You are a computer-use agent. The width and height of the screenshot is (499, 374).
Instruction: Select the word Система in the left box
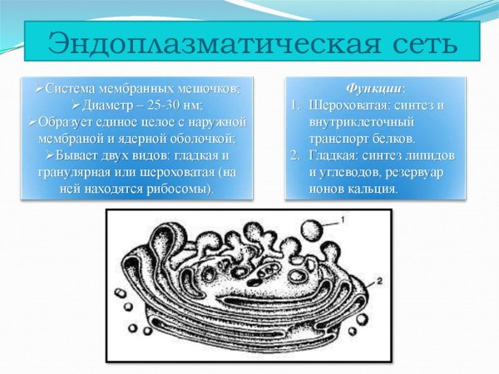(68, 88)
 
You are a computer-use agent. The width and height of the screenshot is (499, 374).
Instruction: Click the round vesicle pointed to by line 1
(311, 229)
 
